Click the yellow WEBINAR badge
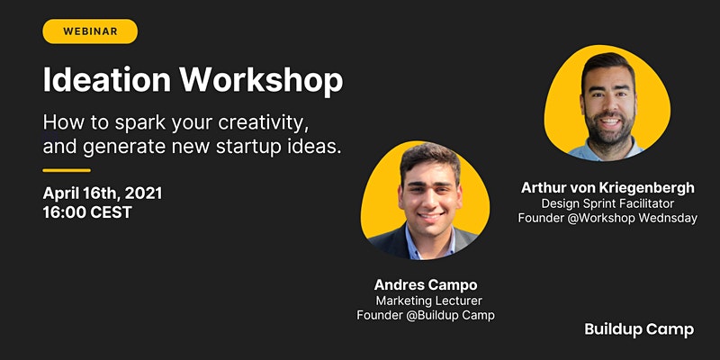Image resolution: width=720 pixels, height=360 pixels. pyautogui.click(x=90, y=31)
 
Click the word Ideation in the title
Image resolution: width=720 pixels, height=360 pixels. pyautogui.click(x=106, y=80)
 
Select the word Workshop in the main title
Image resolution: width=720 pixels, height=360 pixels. pyautogui.click(x=261, y=81)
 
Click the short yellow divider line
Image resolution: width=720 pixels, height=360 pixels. pyautogui.click(x=67, y=170)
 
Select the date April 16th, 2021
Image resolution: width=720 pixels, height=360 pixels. pyautogui.click(x=103, y=193)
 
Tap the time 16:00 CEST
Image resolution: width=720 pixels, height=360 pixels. pyautogui.click(x=87, y=212)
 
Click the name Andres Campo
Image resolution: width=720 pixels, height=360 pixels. pyautogui.click(x=426, y=285)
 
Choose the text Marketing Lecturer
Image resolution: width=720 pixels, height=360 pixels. pyautogui.click(x=429, y=301)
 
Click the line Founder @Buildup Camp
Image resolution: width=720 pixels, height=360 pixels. pyautogui.click(x=426, y=316)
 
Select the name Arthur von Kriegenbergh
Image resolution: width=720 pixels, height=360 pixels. pyautogui.click(x=608, y=188)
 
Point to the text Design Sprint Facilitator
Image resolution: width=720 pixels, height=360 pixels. pyautogui.click(x=608, y=203)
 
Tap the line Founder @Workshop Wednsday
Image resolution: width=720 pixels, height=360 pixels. pyautogui.click(x=608, y=218)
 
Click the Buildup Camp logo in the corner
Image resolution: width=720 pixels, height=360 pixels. pyautogui.click(x=639, y=329)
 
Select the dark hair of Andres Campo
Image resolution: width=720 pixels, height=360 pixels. pyautogui.click(x=429, y=158)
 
